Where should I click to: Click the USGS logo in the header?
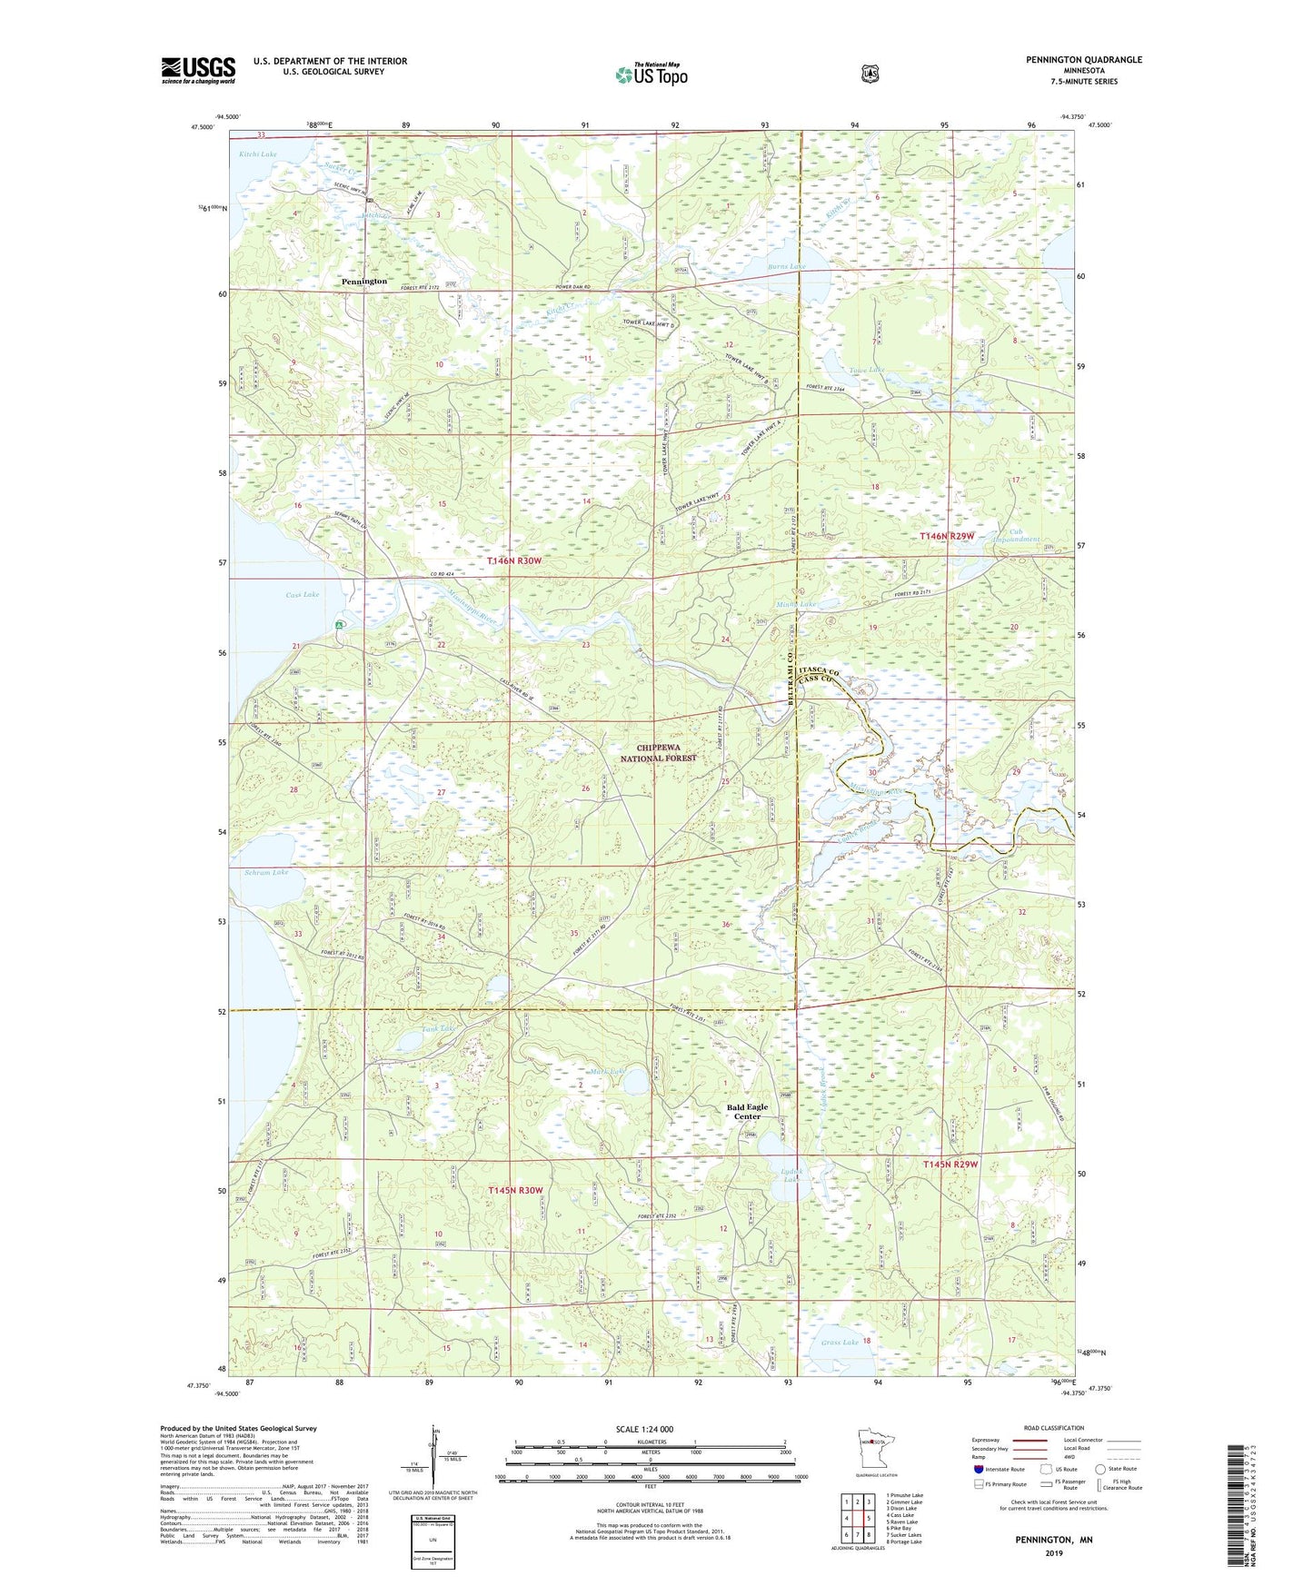198,69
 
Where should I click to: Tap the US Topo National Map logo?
651,74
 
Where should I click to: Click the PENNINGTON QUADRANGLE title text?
1083,60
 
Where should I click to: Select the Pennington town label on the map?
364,282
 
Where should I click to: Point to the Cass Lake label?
302,595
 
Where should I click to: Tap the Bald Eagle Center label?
747,1112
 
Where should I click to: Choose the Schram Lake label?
266,872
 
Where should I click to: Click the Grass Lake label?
839,1342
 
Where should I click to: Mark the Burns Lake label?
786,267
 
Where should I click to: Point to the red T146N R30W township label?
513,561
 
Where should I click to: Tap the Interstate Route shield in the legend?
978,1468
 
